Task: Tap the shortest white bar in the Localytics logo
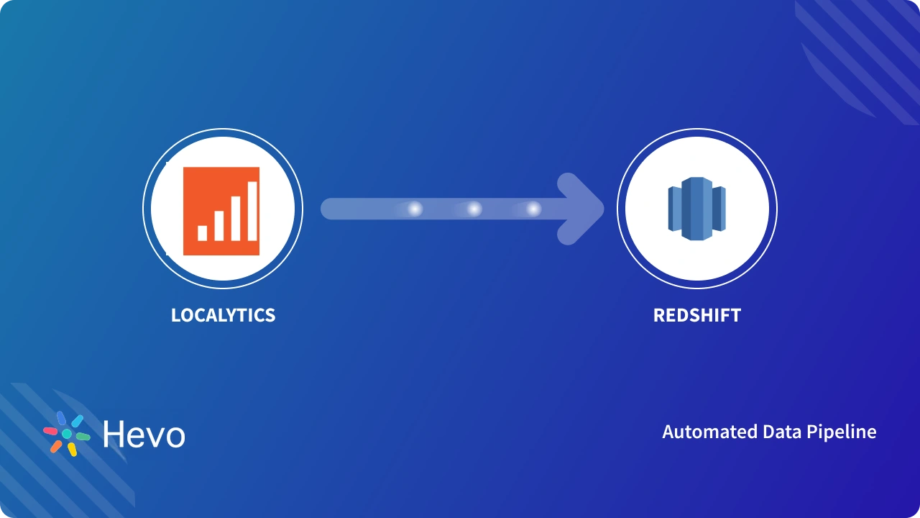[203, 232]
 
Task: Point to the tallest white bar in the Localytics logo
[252, 211]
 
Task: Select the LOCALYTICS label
[223, 315]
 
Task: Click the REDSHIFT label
[696, 315]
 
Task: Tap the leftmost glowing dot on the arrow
[415, 209]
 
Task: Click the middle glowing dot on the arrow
[474, 209]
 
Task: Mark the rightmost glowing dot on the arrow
[533, 209]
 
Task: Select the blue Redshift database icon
[696, 209]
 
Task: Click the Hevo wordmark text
[144, 435]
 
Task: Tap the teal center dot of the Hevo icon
[67, 435]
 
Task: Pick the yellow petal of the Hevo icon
[73, 449]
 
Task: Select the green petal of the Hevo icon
[83, 437]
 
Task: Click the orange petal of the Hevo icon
[56, 446]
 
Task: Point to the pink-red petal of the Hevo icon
[50, 432]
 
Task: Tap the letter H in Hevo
[114, 434]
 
